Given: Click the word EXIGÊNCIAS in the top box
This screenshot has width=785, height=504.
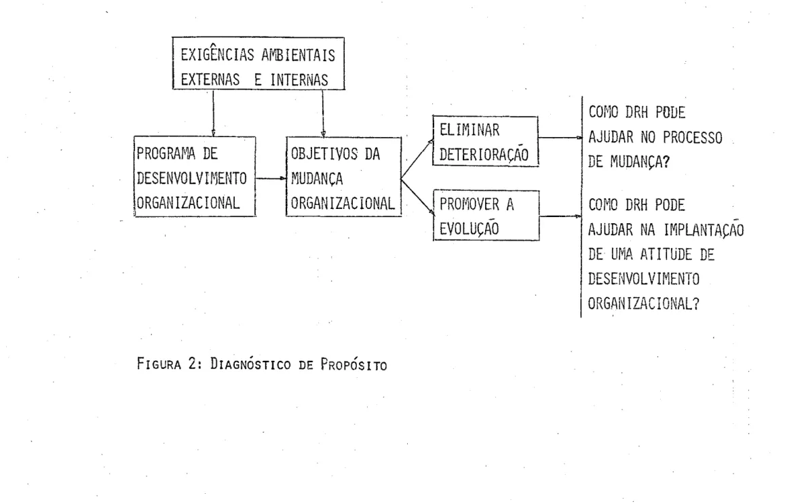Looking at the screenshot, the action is click(217, 54).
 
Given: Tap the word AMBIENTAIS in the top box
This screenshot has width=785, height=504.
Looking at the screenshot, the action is click(299, 55).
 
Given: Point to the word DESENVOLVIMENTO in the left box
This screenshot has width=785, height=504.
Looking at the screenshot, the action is click(192, 178).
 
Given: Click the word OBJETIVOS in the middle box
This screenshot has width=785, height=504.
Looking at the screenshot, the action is click(324, 154).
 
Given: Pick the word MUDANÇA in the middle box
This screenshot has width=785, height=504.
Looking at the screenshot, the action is click(317, 179).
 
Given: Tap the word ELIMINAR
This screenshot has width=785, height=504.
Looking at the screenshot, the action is click(469, 130).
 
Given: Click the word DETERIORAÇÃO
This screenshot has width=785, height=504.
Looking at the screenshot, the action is click(484, 154).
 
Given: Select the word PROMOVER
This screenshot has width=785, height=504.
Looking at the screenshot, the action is click(469, 204).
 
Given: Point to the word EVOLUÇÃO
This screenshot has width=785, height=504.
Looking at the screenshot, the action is click(469, 228).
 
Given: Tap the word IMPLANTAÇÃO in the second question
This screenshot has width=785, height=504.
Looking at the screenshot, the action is click(704, 230).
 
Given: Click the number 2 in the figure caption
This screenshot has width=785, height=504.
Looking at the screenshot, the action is click(192, 364).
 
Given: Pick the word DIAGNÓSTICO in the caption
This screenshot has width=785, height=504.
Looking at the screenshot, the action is click(250, 364).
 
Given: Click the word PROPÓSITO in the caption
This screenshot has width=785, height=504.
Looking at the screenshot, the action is click(353, 364).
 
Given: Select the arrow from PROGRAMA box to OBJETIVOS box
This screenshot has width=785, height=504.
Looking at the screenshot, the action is click(271, 178).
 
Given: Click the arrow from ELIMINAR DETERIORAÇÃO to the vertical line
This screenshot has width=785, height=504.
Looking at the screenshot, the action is click(560, 137).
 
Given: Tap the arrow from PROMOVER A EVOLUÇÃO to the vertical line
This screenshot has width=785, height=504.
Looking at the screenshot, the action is click(560, 216).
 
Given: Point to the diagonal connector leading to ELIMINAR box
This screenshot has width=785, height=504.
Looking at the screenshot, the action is click(417, 159).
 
